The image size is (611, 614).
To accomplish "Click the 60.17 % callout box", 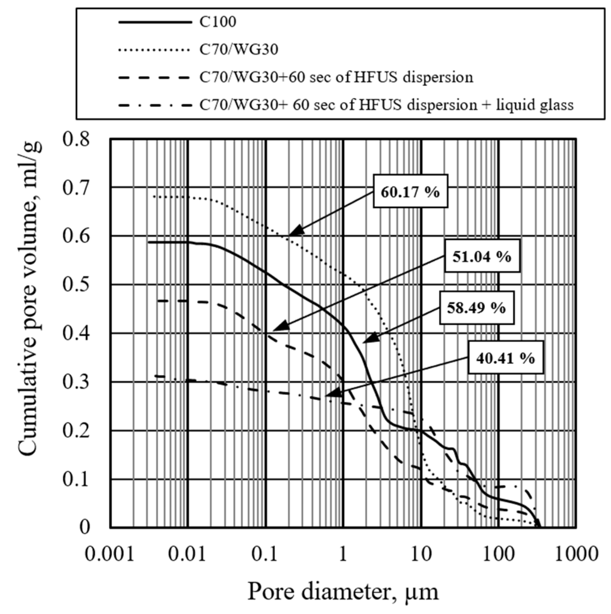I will point(410,191).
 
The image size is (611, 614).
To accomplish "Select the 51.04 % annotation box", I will point(482,256).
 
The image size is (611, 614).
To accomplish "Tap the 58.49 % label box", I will point(477,307).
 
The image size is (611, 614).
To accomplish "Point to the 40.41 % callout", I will point(505,358).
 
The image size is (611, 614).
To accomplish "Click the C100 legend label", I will point(218,22).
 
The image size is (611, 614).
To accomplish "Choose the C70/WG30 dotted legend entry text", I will point(239,50).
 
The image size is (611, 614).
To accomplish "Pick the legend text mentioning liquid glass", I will point(386,105).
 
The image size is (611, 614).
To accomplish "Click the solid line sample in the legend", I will point(155,22).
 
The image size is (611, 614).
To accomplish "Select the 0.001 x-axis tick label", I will point(109,554).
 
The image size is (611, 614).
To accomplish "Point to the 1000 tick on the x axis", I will point(576,554).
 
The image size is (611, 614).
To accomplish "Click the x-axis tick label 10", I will point(421,554).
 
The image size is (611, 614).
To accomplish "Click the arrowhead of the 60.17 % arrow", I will point(291,234).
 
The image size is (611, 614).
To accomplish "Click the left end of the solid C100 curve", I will point(149,242).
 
